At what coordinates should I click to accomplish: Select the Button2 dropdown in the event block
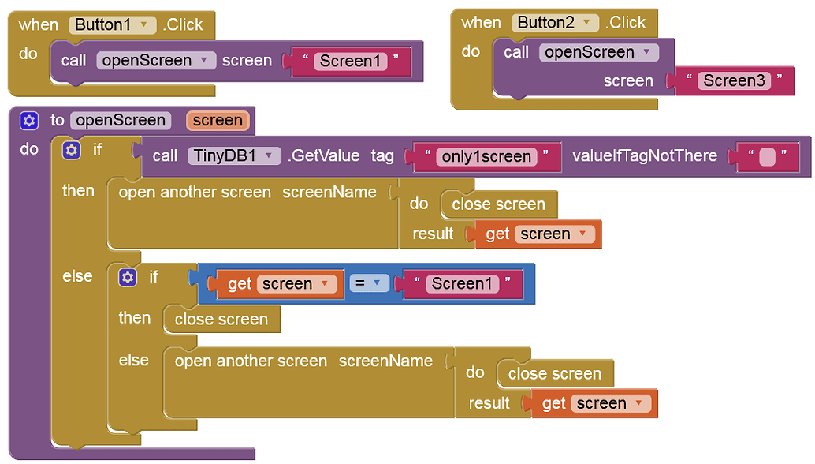[x=555, y=22]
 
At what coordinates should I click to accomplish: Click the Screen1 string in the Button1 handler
[x=350, y=61]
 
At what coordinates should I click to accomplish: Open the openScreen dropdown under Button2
[x=599, y=52]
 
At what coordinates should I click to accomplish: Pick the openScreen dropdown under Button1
[x=156, y=61]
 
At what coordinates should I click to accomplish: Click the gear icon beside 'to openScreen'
[x=29, y=121]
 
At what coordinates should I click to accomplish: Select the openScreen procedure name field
[x=120, y=121]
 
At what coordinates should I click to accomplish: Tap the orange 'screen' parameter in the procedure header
[x=218, y=121]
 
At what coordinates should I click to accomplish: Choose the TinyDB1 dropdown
[x=234, y=155]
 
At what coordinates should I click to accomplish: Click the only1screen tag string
[x=486, y=156]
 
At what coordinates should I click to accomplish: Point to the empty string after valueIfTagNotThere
[x=766, y=156]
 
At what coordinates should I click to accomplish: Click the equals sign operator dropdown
[x=370, y=283]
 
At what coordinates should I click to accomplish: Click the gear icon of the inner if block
[x=128, y=277]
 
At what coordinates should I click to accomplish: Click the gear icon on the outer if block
[x=72, y=150]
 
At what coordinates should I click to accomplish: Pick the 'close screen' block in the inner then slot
[x=221, y=320]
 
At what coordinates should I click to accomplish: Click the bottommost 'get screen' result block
[x=593, y=403]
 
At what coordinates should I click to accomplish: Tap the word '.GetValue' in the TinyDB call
[x=324, y=155]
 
